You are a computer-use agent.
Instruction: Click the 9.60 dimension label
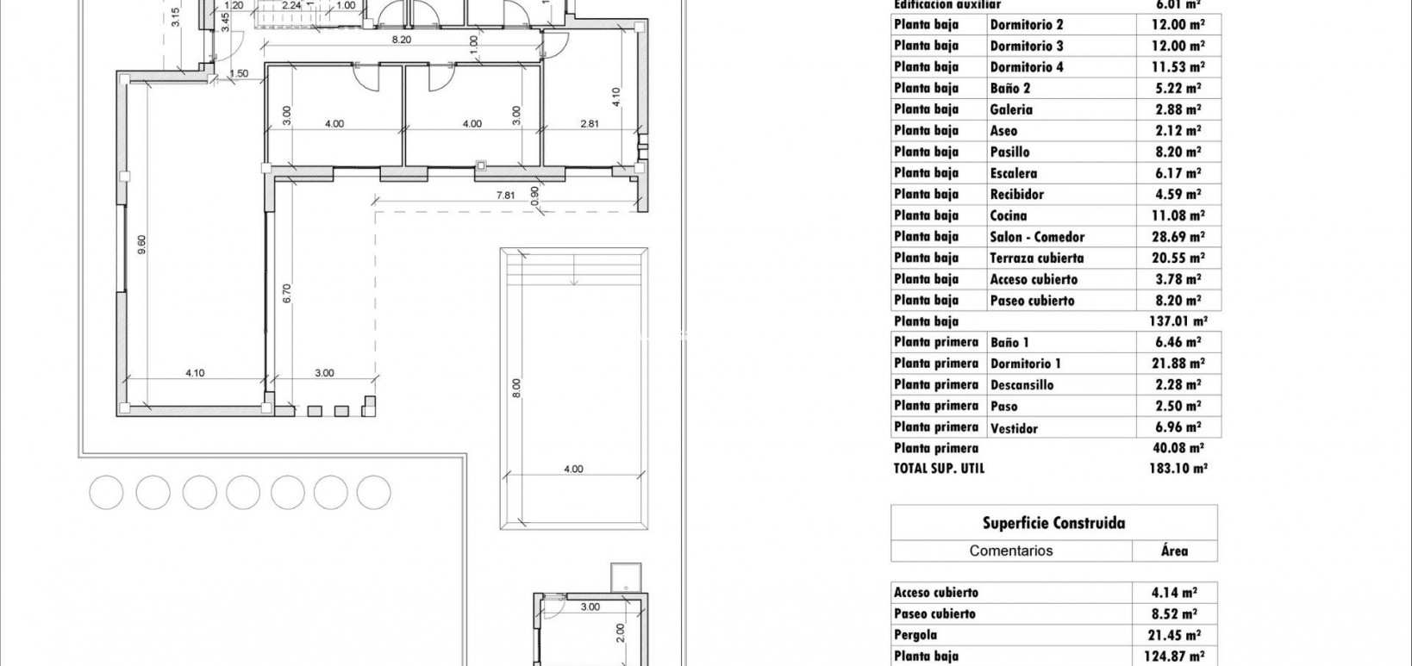coord(141,244)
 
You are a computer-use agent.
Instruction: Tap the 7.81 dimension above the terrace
coord(506,196)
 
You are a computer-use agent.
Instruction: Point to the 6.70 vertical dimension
coord(287,293)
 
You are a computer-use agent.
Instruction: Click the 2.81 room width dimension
coord(590,124)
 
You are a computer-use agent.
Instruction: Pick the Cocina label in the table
coord(1008,215)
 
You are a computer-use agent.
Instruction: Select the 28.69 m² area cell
coord(1178,237)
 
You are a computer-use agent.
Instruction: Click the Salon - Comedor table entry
coord(1037,237)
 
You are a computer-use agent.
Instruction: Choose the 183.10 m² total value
coord(1178,469)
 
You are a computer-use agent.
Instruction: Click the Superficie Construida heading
coord(1053,523)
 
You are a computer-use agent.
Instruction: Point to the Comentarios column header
coord(1011,551)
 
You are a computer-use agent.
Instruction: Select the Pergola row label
coord(915,635)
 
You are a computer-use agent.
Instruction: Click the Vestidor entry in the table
coord(1014,428)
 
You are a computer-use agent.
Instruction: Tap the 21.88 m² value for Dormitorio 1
coord(1178,364)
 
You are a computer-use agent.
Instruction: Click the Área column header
coord(1174,551)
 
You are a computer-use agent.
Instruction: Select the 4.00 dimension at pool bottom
coord(573,470)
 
